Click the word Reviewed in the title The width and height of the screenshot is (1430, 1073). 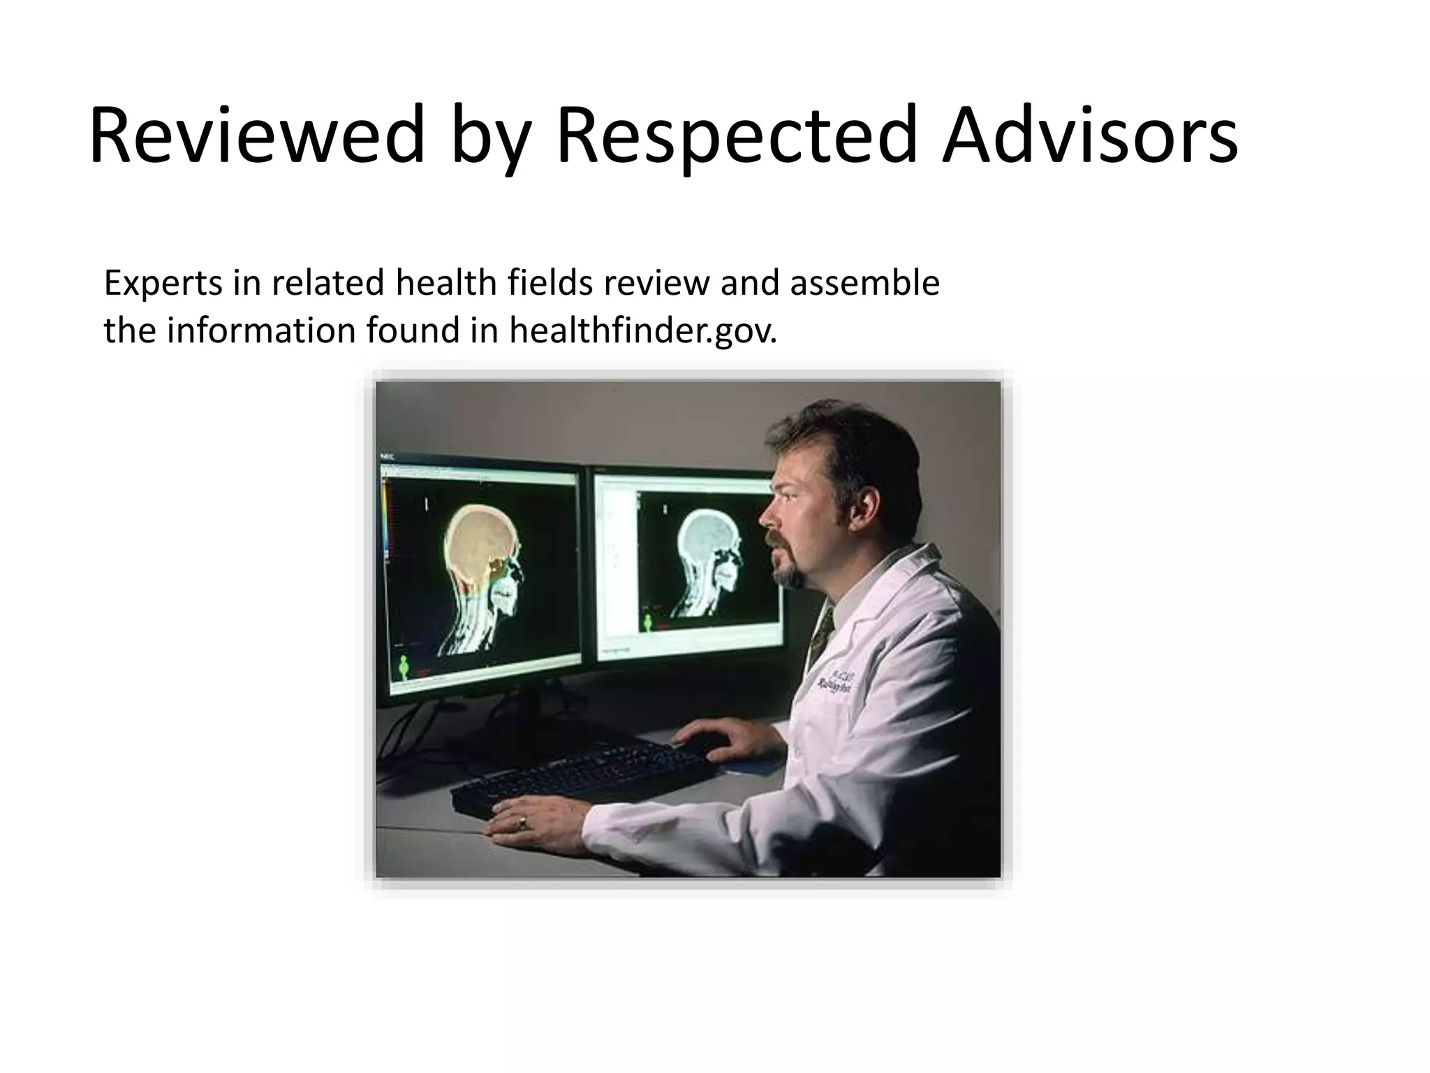coord(257,135)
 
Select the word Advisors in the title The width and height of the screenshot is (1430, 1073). coord(1089,135)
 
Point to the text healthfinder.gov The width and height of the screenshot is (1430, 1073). coord(642,331)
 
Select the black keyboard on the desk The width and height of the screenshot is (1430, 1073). coord(580,775)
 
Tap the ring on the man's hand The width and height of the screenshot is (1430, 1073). coord(522,824)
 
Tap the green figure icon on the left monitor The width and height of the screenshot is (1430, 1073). coord(404,668)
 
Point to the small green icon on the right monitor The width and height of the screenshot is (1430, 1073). coord(648,622)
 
